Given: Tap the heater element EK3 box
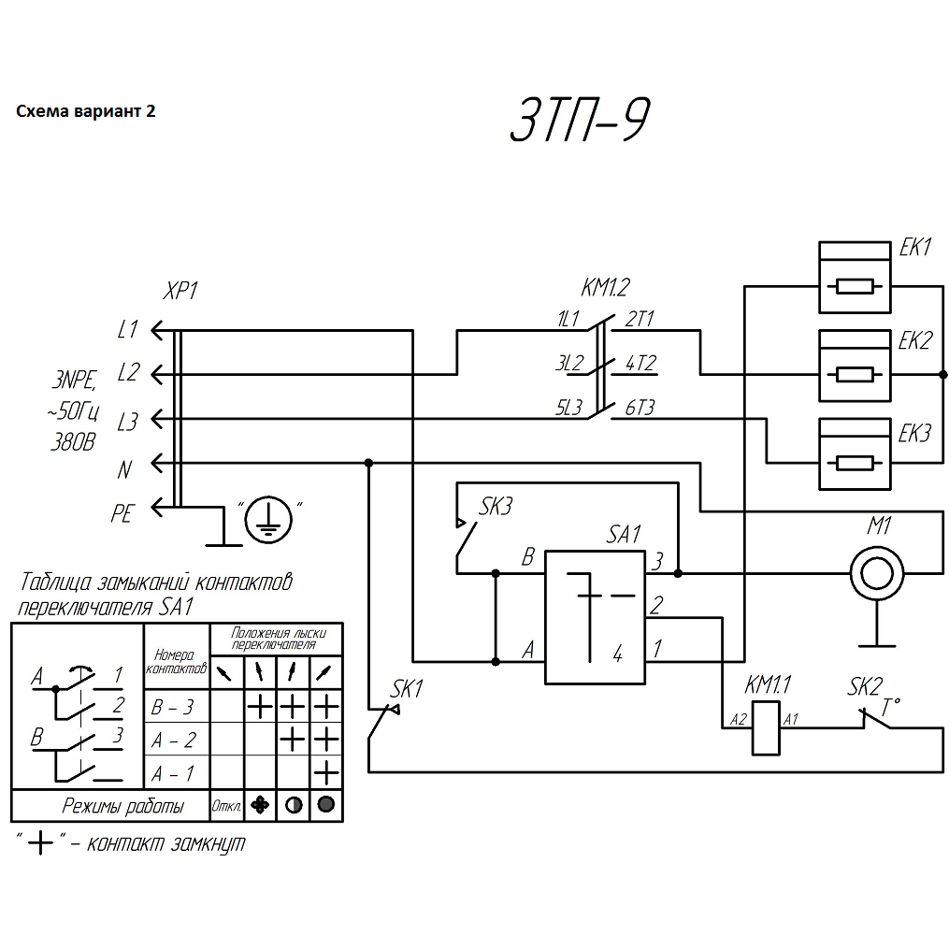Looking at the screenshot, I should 855,453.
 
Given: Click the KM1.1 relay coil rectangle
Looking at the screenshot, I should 765,726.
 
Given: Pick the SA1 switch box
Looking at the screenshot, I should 595,617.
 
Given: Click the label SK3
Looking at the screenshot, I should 496,508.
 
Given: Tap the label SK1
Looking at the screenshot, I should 408,689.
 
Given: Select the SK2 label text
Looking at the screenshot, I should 865,687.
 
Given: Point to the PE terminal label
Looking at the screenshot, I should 122,513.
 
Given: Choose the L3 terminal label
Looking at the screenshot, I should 127,423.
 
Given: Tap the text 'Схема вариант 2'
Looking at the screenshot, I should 86,111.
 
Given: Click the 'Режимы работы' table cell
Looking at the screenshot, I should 122,806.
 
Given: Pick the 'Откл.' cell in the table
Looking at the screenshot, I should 227,806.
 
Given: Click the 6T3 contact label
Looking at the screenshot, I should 640,408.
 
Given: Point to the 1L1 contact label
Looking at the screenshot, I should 568,319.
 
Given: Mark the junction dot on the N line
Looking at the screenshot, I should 368,463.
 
